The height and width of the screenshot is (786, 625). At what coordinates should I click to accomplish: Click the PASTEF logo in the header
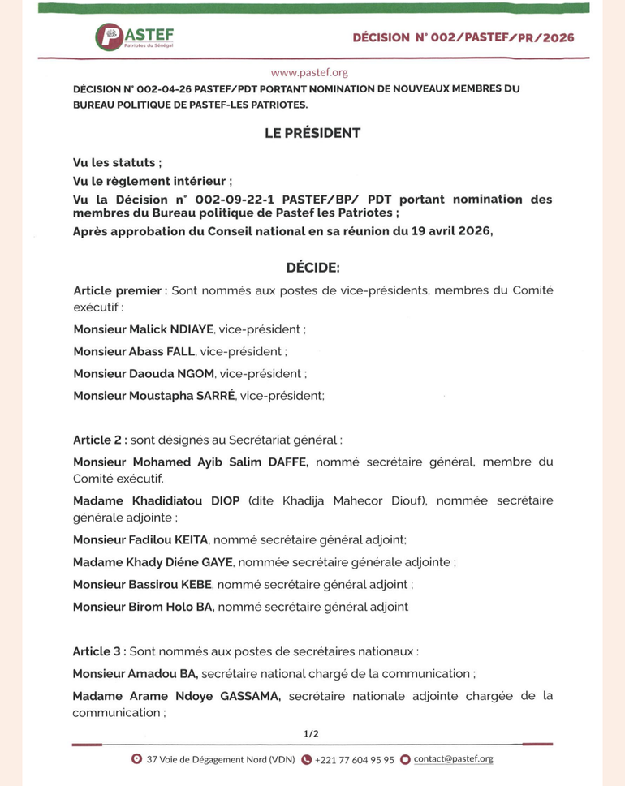(134, 37)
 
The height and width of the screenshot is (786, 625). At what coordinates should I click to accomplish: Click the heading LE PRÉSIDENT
(312, 132)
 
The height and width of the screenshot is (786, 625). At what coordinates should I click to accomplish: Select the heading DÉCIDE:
(312, 268)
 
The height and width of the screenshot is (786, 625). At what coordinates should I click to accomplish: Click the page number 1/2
(311, 733)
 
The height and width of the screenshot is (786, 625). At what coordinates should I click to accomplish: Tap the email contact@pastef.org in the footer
(453, 759)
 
